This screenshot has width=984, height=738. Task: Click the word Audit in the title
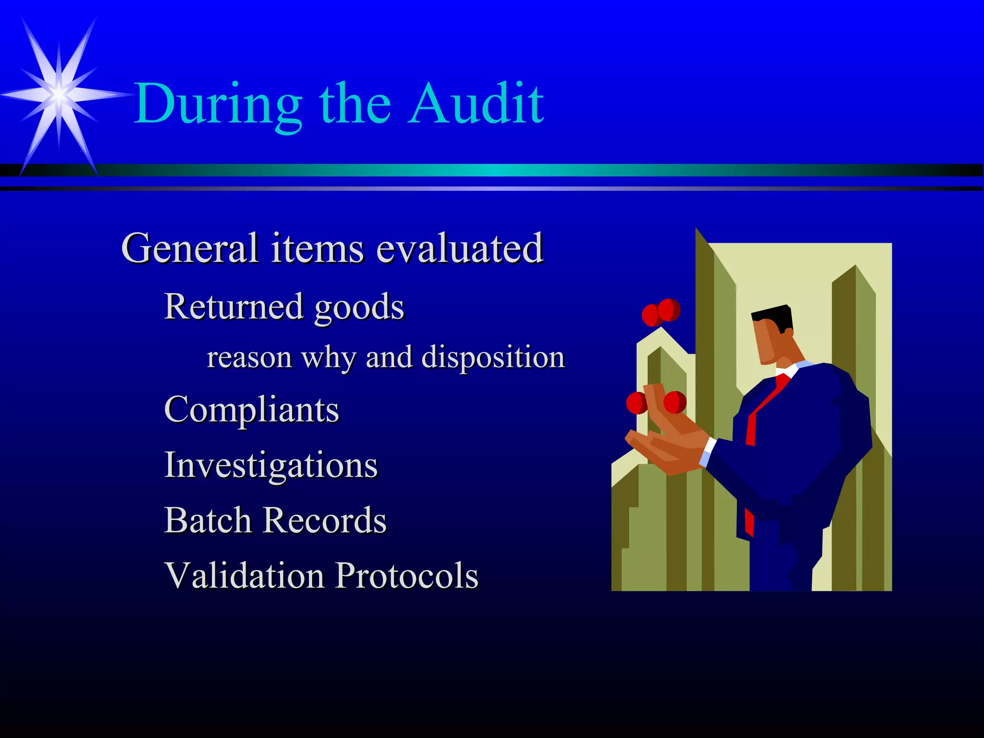pos(477,103)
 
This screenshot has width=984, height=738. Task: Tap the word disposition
pos(493,358)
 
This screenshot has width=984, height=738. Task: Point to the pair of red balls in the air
pos(661,312)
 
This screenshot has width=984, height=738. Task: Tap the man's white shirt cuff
pos(707,452)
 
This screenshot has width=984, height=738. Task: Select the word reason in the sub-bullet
pos(249,358)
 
